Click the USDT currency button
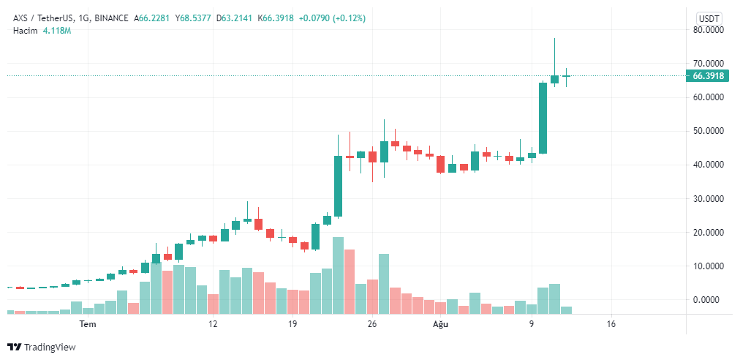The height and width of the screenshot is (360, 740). point(708,18)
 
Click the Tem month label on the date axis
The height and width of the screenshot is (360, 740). point(88,324)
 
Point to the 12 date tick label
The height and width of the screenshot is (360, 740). point(213,324)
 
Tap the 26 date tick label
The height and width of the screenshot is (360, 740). point(372,324)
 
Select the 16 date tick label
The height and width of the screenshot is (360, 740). point(611,324)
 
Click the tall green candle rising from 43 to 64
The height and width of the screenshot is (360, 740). point(543,118)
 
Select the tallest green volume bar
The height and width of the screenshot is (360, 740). point(338,275)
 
